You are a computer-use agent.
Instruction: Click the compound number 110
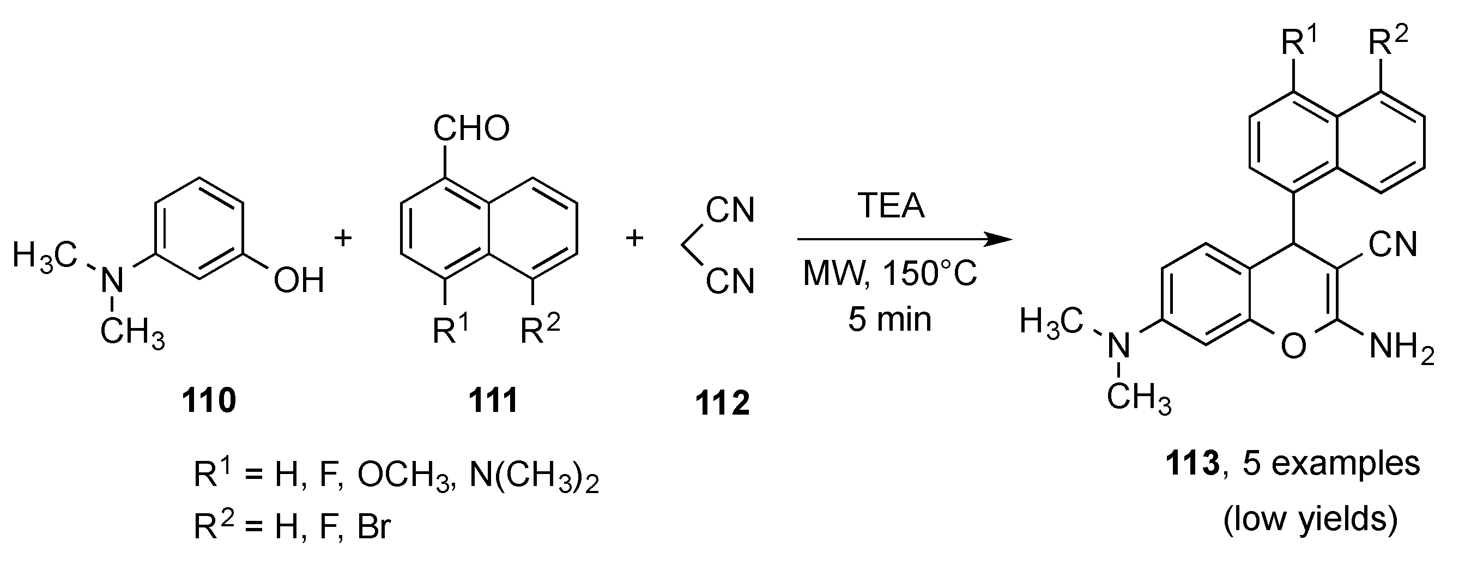click(x=208, y=401)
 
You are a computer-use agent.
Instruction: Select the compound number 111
click(x=493, y=401)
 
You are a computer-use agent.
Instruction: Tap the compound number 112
click(x=722, y=403)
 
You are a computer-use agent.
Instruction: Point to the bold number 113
click(x=1191, y=464)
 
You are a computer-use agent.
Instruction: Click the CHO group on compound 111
click(x=471, y=129)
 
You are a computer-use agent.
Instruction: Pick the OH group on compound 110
click(x=299, y=280)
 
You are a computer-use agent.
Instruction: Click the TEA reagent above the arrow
click(x=891, y=205)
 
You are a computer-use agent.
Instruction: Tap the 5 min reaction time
click(x=890, y=319)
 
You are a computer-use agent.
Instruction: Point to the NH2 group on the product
click(x=1401, y=347)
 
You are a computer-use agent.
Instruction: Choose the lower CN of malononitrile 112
click(x=731, y=281)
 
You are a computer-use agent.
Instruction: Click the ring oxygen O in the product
click(x=1293, y=345)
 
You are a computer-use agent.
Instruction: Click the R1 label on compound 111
click(x=451, y=330)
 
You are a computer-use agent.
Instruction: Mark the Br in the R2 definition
click(x=374, y=527)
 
